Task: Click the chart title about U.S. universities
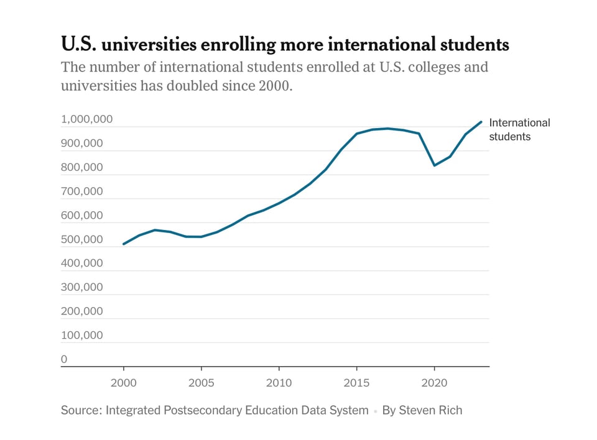(285, 45)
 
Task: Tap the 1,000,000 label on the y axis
(86, 119)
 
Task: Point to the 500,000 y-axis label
(81, 239)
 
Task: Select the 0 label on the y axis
(64, 359)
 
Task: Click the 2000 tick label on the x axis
(124, 382)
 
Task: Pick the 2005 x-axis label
(201, 382)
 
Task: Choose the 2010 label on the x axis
(279, 382)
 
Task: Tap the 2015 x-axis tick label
(356, 382)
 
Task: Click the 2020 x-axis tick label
(434, 382)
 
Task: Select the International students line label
(519, 129)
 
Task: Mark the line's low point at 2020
(434, 165)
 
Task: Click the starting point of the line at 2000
(124, 244)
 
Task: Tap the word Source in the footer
(80, 410)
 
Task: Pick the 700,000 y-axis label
(81, 191)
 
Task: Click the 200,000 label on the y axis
(81, 311)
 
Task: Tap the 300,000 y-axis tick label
(81, 287)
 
